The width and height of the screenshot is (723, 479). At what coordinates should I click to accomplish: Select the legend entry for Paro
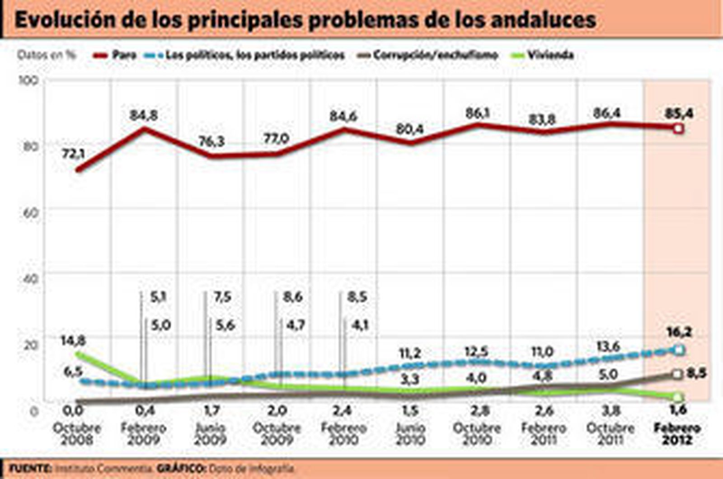click(115, 55)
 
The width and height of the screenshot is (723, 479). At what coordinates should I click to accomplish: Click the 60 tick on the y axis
click(30, 212)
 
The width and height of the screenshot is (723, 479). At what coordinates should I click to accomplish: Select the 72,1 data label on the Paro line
click(73, 154)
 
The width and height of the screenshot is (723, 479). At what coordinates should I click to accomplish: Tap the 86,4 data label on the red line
click(606, 113)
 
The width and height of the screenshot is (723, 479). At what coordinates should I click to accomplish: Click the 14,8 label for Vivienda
click(73, 341)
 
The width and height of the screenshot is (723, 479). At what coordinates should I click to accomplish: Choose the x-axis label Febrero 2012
click(677, 434)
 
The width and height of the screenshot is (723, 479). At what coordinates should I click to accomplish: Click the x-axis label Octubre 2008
click(77, 434)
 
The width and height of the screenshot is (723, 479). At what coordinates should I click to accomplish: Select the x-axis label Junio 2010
click(410, 434)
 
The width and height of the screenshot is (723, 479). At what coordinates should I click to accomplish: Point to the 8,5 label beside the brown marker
click(696, 373)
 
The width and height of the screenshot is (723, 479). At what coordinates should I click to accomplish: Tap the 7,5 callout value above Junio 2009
click(222, 297)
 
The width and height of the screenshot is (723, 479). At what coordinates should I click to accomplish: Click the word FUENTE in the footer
click(30, 469)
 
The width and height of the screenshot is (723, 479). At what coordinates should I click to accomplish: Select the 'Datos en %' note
click(46, 55)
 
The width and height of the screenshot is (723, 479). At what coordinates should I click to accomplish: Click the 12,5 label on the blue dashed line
click(476, 352)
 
